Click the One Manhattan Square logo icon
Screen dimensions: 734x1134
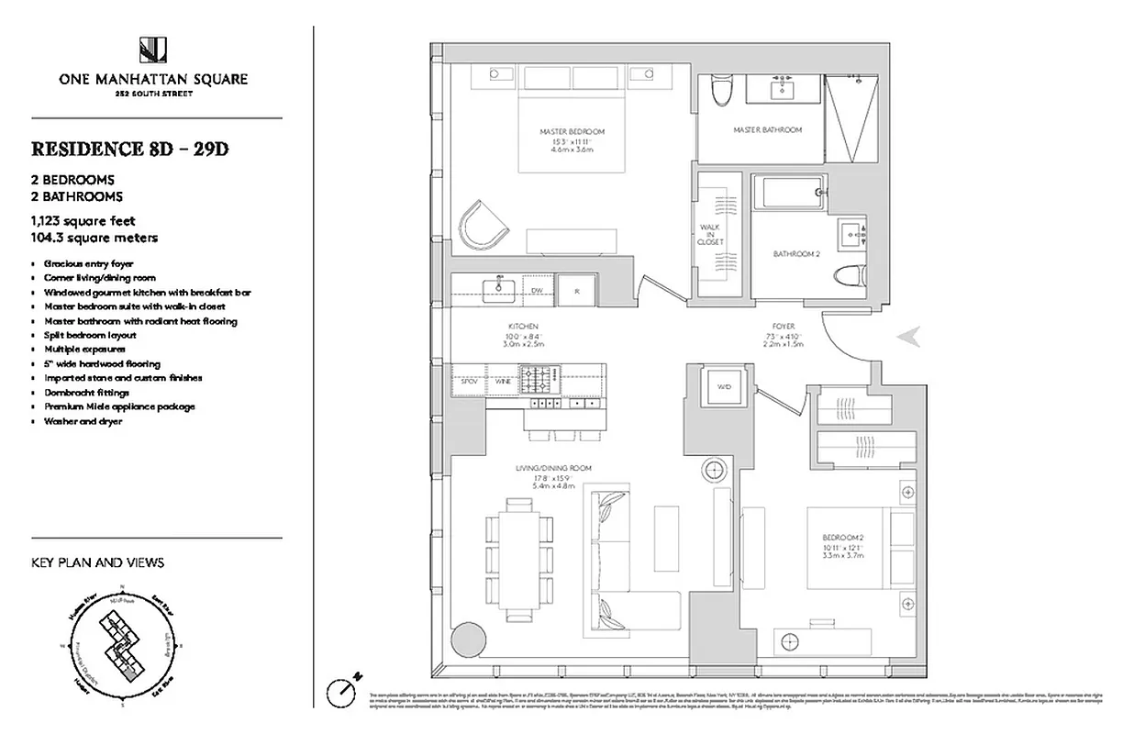point(153,51)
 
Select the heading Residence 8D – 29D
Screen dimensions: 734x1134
point(129,149)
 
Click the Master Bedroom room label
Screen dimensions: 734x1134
point(572,131)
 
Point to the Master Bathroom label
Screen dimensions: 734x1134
point(767,130)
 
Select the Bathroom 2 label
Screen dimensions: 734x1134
point(795,254)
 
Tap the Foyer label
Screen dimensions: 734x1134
point(783,327)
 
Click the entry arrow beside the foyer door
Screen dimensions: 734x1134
point(907,338)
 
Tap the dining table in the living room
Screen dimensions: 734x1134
point(518,557)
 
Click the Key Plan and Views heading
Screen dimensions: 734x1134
point(98,562)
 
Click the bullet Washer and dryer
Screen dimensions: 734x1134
point(83,421)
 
